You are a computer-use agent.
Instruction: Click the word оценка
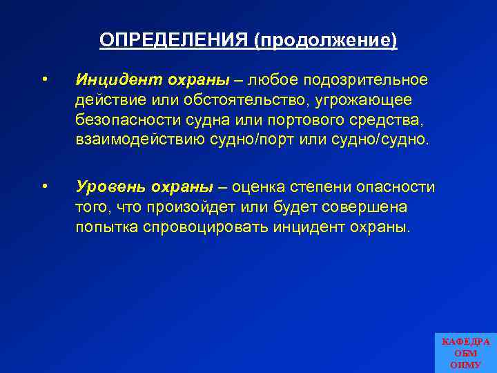tap(258, 187)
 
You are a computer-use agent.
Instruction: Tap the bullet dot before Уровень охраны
tap(44, 186)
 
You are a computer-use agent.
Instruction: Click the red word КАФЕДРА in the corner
tap(465, 342)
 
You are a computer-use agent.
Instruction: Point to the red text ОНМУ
tap(465, 365)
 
